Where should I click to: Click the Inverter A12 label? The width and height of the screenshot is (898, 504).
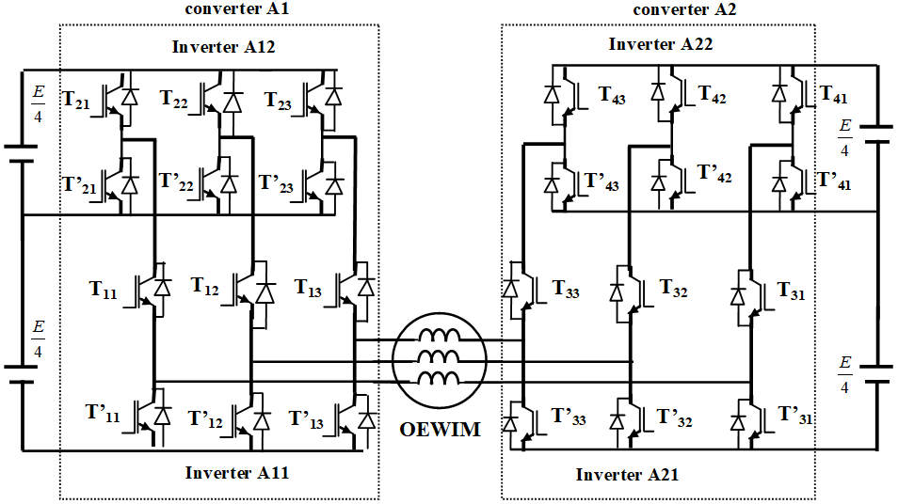(x=223, y=47)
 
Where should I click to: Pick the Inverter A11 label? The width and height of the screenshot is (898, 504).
(x=236, y=473)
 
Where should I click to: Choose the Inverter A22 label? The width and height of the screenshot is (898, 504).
(x=660, y=44)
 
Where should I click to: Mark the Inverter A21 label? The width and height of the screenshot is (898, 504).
(x=627, y=476)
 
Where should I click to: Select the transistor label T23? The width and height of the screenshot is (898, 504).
(x=278, y=100)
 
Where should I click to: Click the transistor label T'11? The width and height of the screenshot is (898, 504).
(x=103, y=412)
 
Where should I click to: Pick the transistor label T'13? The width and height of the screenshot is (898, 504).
(x=306, y=419)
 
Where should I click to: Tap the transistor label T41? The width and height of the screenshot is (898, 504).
(x=833, y=95)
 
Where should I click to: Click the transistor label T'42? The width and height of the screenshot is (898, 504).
(x=714, y=173)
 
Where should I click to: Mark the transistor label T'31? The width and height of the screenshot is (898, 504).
(x=795, y=416)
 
